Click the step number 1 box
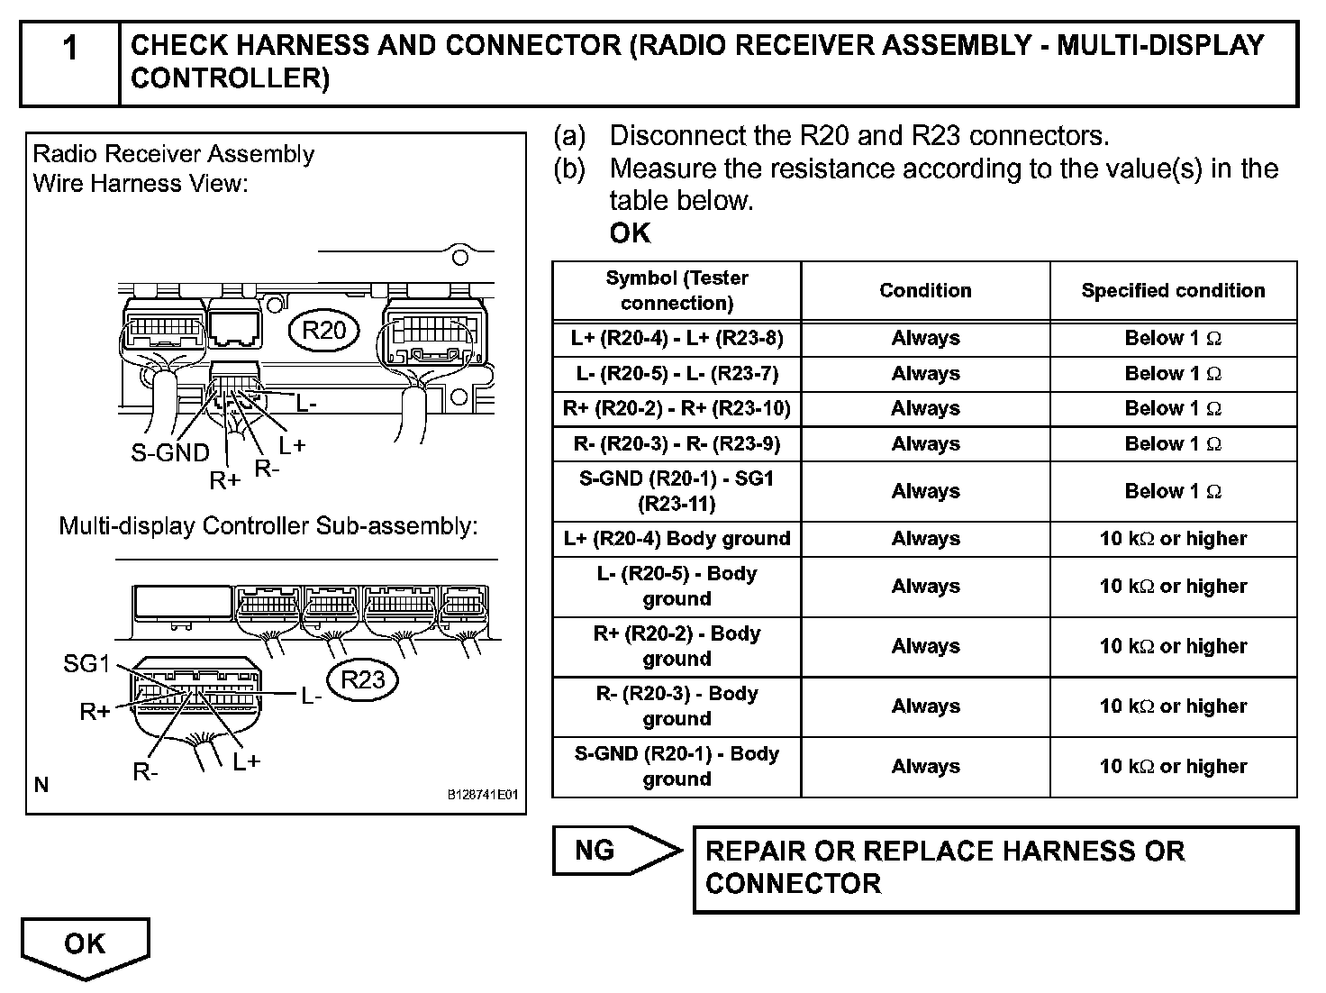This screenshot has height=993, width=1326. pyautogui.click(x=69, y=63)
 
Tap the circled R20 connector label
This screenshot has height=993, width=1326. pyautogui.click(x=323, y=331)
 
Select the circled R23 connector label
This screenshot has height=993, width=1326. pyautogui.click(x=363, y=679)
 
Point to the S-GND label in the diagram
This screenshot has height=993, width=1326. pyautogui.click(x=169, y=452)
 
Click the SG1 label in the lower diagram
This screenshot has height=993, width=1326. pyautogui.click(x=86, y=664)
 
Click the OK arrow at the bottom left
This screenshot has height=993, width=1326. pyautogui.click(x=85, y=946)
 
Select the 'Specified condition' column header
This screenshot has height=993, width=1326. pyautogui.click(x=1173, y=290)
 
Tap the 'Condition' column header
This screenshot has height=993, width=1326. pyautogui.click(x=925, y=290)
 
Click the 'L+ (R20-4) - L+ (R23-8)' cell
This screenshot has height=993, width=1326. pyautogui.click(x=677, y=338)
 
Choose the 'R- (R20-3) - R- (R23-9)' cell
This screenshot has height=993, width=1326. pyautogui.click(x=677, y=443)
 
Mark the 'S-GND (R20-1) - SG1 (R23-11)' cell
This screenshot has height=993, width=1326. pyautogui.click(x=677, y=491)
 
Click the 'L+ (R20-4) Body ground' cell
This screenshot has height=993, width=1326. pyautogui.click(x=677, y=538)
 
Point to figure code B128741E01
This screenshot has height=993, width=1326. pyautogui.click(x=483, y=796)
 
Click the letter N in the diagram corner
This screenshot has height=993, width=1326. pyautogui.click(x=41, y=785)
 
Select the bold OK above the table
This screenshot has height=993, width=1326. pyautogui.click(x=629, y=233)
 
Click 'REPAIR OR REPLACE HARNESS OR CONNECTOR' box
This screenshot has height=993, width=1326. pyautogui.click(x=994, y=868)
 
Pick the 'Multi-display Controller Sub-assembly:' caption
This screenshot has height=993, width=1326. pyautogui.click(x=268, y=525)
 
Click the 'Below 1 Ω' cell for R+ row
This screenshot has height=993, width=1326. pyautogui.click(x=1173, y=408)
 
